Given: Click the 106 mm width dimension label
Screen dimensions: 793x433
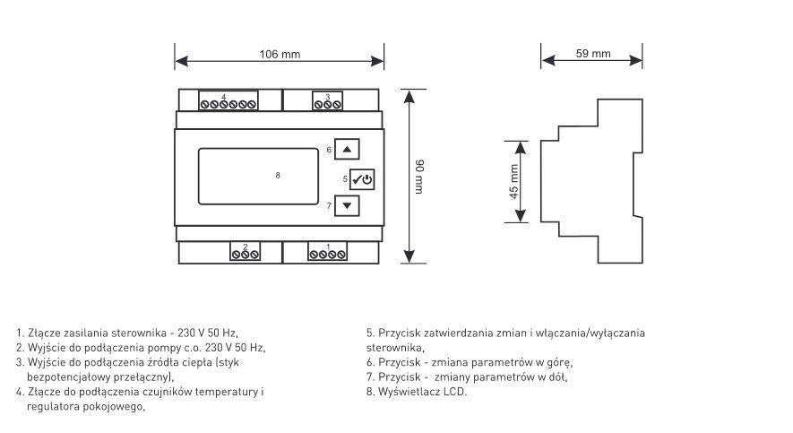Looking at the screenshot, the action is pyautogui.click(x=280, y=54).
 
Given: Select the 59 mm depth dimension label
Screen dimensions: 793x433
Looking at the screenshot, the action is pyautogui.click(x=592, y=54).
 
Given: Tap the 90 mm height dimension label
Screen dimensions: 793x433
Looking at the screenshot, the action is pyautogui.click(x=419, y=177).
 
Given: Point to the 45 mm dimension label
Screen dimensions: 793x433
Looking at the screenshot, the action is pyautogui.click(x=513, y=182).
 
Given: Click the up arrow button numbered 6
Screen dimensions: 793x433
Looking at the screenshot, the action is pyautogui.click(x=347, y=149).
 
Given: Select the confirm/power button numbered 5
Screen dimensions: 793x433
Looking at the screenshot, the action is pyautogui.click(x=362, y=179).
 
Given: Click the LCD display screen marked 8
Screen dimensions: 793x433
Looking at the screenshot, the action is pyautogui.click(x=258, y=176).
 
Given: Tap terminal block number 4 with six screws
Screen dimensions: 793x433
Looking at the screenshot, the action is pyautogui.click(x=228, y=100).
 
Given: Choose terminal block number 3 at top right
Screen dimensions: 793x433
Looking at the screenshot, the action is pyautogui.click(x=327, y=100).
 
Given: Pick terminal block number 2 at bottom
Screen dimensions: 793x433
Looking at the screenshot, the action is pyautogui.click(x=246, y=251).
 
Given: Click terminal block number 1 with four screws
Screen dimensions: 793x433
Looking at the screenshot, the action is pyautogui.click(x=328, y=251).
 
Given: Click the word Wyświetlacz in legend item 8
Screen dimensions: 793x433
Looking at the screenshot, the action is pyautogui.click(x=409, y=392).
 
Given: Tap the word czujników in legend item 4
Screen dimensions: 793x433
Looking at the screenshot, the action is pyautogui.click(x=168, y=392).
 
